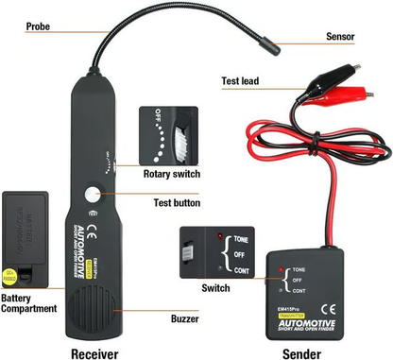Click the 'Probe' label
coord(19,27)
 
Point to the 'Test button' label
coord(176,202)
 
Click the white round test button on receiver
coord(93,195)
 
